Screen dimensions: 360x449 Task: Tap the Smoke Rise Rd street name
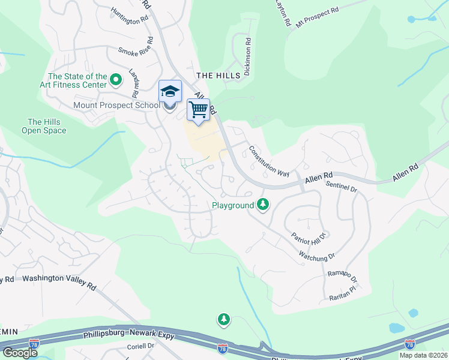(x=136, y=52)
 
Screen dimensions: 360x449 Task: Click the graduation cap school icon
(x=170, y=92)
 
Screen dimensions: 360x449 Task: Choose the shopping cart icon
(x=199, y=110)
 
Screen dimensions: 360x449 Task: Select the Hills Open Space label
(x=44, y=126)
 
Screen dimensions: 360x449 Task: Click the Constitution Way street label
(x=269, y=161)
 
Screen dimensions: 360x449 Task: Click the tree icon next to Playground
(x=262, y=205)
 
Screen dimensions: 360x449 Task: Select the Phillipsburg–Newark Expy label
(x=128, y=334)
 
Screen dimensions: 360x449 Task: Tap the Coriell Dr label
(x=140, y=346)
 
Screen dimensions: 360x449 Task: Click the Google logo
(x=20, y=353)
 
